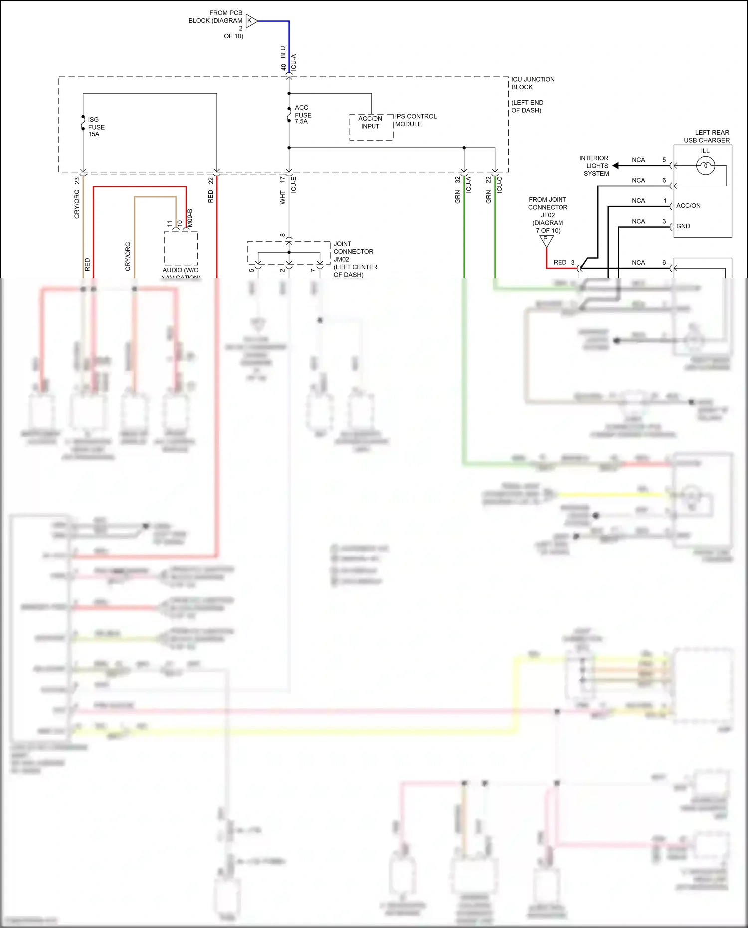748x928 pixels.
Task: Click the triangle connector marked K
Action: (251, 21)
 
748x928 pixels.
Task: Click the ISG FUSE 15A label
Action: (96, 127)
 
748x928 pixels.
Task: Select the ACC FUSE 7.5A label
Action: (303, 115)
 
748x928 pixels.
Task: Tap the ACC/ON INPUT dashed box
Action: (371, 127)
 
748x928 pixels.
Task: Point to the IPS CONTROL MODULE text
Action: (415, 120)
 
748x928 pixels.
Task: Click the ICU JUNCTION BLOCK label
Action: (532, 83)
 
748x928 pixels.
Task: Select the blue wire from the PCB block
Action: (289, 45)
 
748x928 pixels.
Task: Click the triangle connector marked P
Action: (546, 240)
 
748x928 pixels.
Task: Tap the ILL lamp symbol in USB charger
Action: (705, 165)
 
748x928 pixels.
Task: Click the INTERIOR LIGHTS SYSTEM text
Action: (595, 166)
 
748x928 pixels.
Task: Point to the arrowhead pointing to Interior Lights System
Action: (616, 166)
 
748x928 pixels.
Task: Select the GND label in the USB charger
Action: (683, 226)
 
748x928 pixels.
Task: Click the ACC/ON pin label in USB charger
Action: (688, 206)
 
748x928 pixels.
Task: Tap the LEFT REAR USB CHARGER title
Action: (707, 136)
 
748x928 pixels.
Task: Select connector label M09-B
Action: (190, 218)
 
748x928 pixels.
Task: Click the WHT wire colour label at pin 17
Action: (282, 197)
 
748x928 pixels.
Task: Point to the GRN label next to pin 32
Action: (457, 197)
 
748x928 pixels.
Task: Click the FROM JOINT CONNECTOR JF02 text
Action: (548, 207)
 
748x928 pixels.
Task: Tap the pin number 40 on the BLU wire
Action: (283, 67)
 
